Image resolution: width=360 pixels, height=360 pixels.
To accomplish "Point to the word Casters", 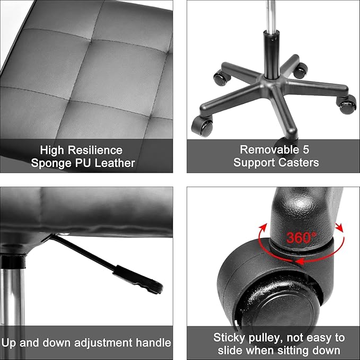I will [300, 162].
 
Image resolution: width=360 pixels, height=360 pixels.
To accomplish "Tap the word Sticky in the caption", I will [229, 337].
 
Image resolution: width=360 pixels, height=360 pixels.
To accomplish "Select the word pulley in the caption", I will [264, 337].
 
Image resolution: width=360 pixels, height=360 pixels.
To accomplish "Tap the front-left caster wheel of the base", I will [202, 126].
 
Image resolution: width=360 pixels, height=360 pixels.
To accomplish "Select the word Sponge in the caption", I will [50, 163].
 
